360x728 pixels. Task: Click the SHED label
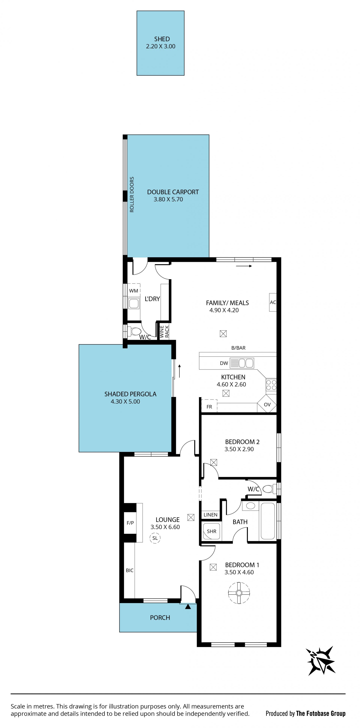coord(162,39)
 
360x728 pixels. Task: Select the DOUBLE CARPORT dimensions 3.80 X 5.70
coord(168,199)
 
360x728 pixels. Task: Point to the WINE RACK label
coord(164,332)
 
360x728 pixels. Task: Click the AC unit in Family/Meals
coord(273,302)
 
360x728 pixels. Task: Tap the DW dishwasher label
coord(224,363)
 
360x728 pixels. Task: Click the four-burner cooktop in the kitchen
coord(271,385)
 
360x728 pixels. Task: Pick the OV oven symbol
coord(267,404)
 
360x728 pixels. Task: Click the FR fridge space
coord(209,406)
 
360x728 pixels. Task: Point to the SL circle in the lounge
coord(155,538)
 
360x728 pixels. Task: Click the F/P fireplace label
coord(130,523)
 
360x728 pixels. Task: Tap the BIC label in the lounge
coord(130,570)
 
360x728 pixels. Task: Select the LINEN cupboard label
coord(211,515)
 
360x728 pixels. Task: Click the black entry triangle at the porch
coord(188,606)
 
